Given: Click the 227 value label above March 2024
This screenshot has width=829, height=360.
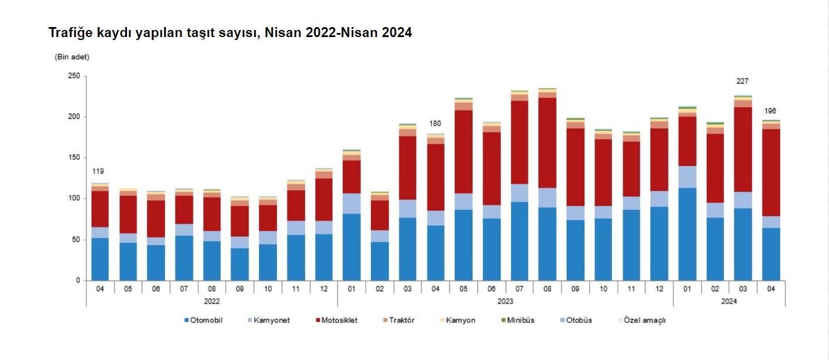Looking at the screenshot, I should (742, 81).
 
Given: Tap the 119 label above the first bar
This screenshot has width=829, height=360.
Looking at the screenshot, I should (98, 171).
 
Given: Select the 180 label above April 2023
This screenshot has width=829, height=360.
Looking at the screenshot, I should (434, 124).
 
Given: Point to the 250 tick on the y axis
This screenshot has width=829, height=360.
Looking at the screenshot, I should (74, 76).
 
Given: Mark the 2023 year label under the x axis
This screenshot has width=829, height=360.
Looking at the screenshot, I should (505, 301).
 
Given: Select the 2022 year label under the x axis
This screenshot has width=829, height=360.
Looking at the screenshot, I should (212, 301).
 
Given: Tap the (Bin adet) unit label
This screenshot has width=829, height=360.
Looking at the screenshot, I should (72, 57).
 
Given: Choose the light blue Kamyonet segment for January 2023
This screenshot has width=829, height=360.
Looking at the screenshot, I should (352, 204).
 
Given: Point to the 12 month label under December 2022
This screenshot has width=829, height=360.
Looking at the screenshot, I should (323, 288).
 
